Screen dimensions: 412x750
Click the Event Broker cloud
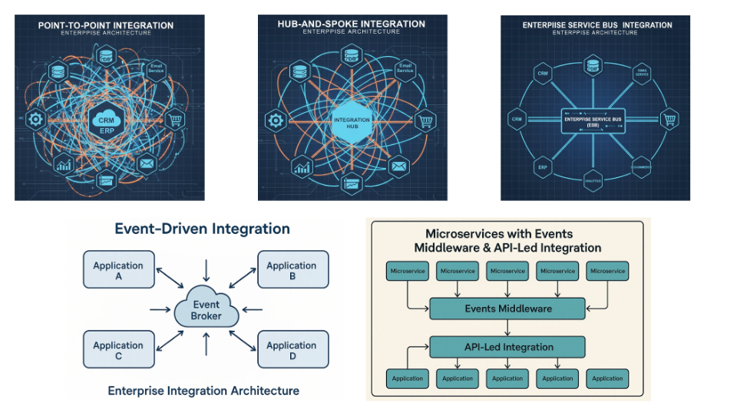coord(206,310)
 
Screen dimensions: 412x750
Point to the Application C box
coord(118,351)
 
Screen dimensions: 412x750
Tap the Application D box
coord(292,351)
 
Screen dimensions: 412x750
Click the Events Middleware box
coord(507,309)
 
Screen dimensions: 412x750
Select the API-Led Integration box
coord(507,347)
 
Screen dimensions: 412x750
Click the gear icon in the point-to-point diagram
coord(34,119)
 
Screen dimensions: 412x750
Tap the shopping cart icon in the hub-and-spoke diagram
coord(425,120)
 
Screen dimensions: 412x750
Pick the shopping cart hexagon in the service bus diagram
coord(669,120)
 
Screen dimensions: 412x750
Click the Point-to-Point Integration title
coord(106,25)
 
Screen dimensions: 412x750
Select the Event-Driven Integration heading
coord(202,229)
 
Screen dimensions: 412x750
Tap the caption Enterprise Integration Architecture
coord(203,391)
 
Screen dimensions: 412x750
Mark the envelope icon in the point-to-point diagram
coord(146,163)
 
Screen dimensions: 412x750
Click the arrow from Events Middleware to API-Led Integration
coord(507,328)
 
